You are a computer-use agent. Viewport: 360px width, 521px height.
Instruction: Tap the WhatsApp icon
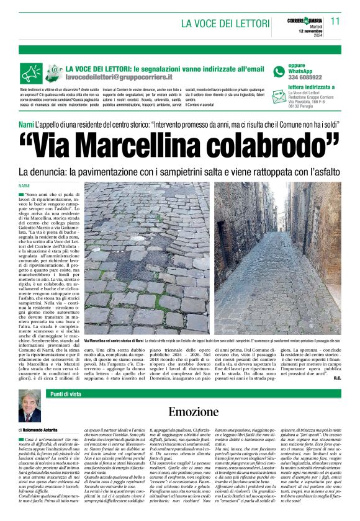[x=279, y=71]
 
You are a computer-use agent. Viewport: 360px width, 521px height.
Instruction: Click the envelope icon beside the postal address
[x=279, y=99]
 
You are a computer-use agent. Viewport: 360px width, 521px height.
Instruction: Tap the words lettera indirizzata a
[x=312, y=87]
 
